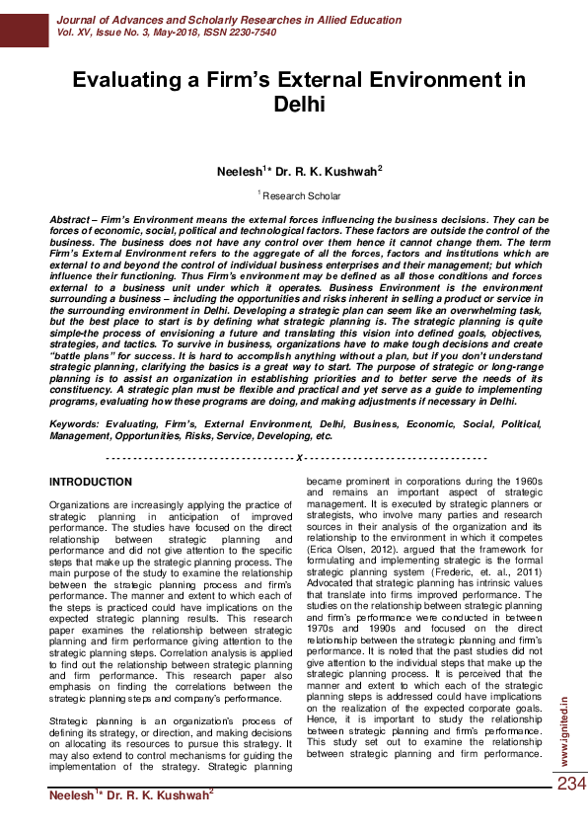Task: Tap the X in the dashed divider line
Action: pyautogui.click(x=299, y=459)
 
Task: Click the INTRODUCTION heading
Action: pyautogui.click(x=91, y=483)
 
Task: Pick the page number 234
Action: pyautogui.click(x=570, y=785)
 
